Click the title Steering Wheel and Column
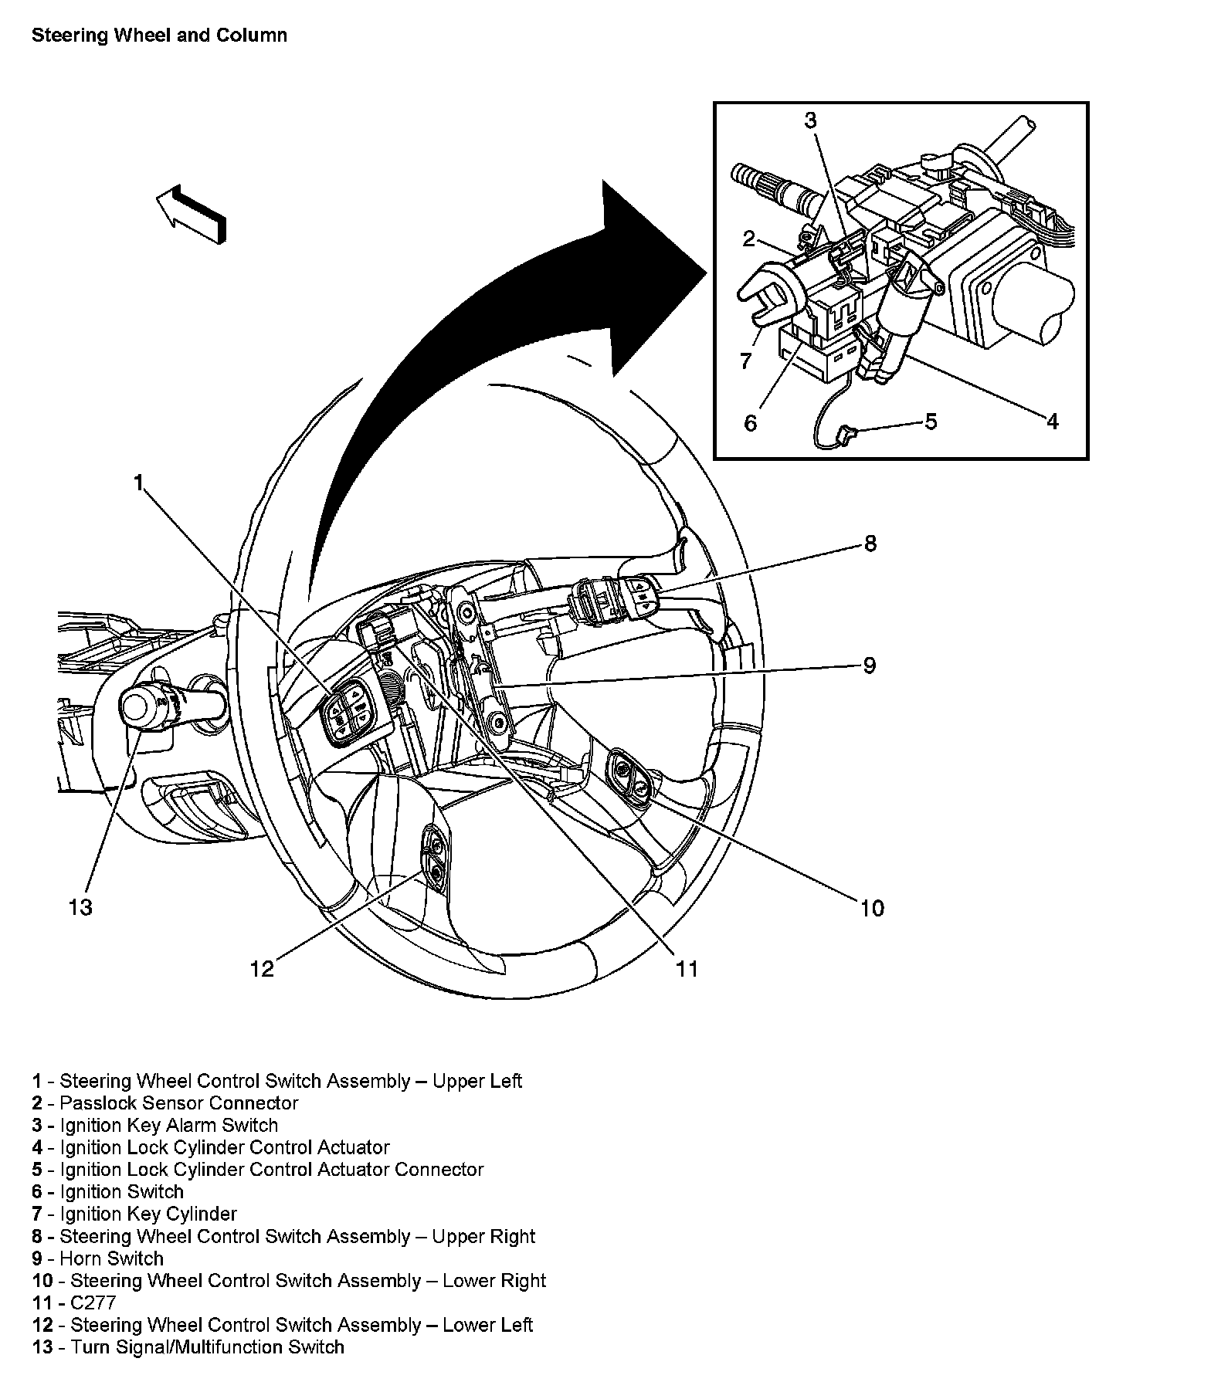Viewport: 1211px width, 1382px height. [159, 36]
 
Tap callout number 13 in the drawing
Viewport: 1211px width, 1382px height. [80, 906]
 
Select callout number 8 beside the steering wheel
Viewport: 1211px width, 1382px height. [870, 544]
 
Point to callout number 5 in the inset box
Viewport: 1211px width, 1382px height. [931, 421]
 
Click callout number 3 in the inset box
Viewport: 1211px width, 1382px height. [810, 120]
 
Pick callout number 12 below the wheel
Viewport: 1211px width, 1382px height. [262, 969]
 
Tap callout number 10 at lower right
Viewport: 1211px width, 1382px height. [872, 908]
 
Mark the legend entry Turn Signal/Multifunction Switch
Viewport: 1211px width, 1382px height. [188, 1347]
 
